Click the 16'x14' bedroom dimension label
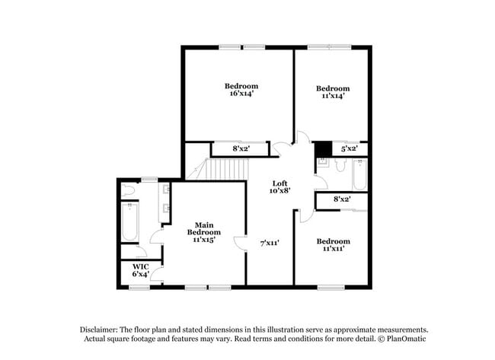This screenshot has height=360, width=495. pos(242,94)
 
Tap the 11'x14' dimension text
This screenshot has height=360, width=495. pos(333,96)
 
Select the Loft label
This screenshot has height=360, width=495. pos(280,183)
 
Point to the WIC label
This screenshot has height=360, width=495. pos(140,266)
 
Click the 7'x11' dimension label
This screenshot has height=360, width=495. pos(270,244)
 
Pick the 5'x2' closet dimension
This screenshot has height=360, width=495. pos(349,148)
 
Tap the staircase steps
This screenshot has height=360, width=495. pos(227,169)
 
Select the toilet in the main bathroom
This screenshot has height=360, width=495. pos(129,190)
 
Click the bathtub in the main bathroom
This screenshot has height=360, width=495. pos(129,221)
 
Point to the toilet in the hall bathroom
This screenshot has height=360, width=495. pos(340,164)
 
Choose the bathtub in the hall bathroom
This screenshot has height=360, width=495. pos(360,174)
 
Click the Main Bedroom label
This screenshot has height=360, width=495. pos(204,229)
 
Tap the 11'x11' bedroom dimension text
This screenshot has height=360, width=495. pos(334,249)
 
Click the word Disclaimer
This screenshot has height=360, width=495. pos(99,330)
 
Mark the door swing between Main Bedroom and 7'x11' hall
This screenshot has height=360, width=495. pos(240,244)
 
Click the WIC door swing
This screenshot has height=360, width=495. pos(156,273)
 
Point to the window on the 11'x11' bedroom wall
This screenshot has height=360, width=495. pos(331,288)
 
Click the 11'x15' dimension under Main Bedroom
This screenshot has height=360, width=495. pos(204,240)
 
